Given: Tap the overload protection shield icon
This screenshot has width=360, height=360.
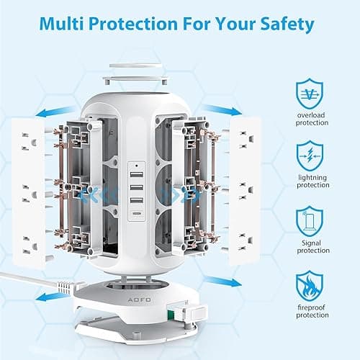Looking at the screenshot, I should click(309, 93).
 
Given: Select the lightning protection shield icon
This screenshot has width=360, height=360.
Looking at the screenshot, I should click(309, 156).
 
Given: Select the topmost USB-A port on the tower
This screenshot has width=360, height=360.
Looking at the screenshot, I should click(135, 179).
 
